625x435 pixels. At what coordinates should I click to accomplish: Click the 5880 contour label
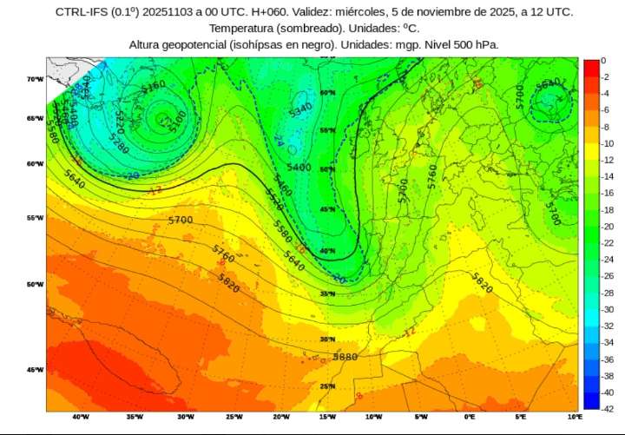pyautogui.click(x=345, y=357)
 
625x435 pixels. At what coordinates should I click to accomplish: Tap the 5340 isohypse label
pyautogui.click(x=299, y=109)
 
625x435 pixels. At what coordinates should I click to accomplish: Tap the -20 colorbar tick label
pyautogui.click(x=609, y=227)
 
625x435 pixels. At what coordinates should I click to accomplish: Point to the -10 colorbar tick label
pyautogui.click(x=609, y=144)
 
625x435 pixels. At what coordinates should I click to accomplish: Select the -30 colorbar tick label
pyautogui.click(x=609, y=309)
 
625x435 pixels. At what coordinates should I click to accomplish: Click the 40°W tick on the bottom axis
pyautogui.click(x=81, y=417)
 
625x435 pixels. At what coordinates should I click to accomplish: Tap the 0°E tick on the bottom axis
pyautogui.click(x=470, y=417)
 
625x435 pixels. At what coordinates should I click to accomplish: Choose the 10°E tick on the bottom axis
pyautogui.click(x=574, y=417)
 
